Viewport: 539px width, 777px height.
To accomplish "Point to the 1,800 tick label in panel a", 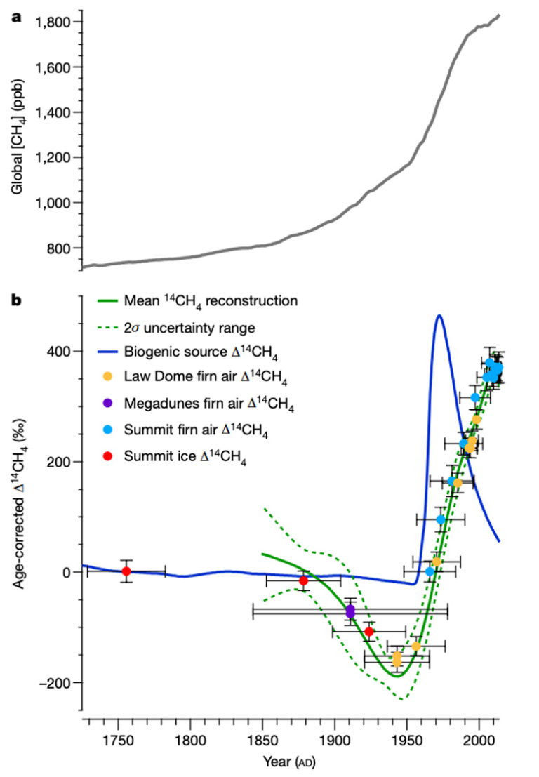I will click(x=53, y=22).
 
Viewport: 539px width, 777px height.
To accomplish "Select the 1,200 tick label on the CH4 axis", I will click(x=53, y=157).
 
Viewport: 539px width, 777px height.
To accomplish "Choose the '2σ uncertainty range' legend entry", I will click(x=189, y=327).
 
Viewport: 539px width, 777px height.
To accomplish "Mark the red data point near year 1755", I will click(x=126, y=571).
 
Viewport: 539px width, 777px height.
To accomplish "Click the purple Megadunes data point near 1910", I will click(x=350, y=611).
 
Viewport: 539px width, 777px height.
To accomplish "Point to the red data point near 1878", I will click(x=303, y=580).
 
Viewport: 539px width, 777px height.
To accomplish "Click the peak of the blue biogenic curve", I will click(x=439, y=316).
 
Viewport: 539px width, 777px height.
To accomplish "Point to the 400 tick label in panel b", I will click(x=59, y=351).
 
